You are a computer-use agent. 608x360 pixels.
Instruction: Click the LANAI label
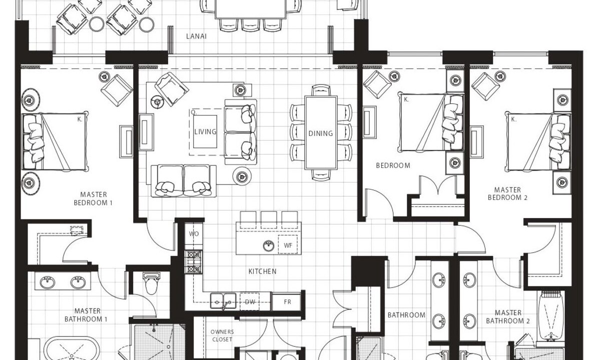tap(196, 36)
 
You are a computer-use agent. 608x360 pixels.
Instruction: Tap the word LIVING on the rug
tap(206, 131)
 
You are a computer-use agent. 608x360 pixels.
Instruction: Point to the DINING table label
tap(321, 133)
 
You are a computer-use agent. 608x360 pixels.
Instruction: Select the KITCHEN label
tap(263, 271)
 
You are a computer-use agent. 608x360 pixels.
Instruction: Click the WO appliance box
tap(194, 233)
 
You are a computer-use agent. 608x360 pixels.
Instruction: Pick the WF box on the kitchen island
tap(288, 245)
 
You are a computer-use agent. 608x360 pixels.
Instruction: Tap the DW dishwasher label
tap(250, 302)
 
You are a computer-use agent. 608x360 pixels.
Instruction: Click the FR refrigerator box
tap(287, 301)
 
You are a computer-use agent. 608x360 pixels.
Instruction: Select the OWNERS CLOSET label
tap(222, 335)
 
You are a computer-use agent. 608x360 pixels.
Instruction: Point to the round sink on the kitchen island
tap(268, 245)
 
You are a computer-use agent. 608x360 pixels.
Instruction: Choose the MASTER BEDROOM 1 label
tap(93, 198)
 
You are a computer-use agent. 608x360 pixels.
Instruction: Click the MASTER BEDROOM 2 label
tap(507, 193)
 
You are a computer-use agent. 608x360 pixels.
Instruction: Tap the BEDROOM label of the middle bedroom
tap(393, 165)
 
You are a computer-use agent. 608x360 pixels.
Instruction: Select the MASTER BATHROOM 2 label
tap(508, 317)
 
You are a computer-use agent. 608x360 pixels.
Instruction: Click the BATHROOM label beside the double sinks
tap(406, 315)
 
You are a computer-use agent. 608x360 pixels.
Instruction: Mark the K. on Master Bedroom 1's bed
tap(80, 119)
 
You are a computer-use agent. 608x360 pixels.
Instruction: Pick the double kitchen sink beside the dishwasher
tap(223, 301)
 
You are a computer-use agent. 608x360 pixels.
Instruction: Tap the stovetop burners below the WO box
tap(194, 262)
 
